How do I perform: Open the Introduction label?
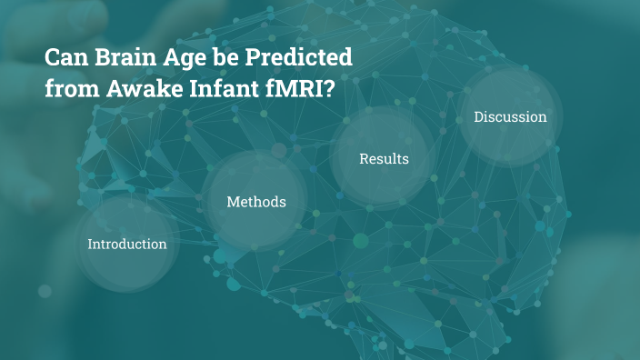126,244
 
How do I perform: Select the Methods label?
255,202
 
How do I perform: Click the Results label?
384,159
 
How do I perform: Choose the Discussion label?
510,116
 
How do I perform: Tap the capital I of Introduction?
89,244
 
